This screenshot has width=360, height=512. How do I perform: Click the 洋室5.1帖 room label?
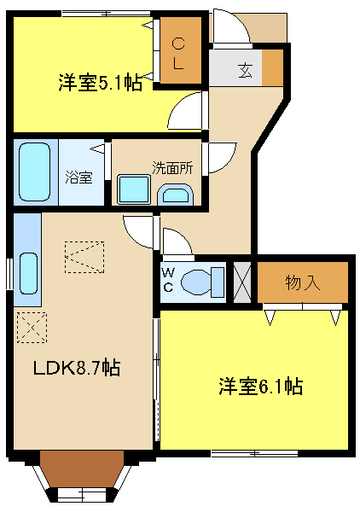coord(101,83)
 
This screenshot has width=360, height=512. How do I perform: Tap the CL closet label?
coord(180,52)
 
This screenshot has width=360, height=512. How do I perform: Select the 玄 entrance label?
coord(245,69)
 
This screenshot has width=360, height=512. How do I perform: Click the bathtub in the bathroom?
coord(36,172)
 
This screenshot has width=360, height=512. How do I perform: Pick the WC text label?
coord(168,281)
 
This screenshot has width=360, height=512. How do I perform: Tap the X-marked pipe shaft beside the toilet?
coord(242,280)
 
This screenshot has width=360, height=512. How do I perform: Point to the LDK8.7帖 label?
coord(76,369)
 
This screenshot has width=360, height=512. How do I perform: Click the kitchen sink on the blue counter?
coord(27,272)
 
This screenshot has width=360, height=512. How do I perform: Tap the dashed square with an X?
coord(32,327)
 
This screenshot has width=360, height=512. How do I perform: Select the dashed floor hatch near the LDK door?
coord(84,256)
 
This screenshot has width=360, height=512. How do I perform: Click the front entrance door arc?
coord(231,30)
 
